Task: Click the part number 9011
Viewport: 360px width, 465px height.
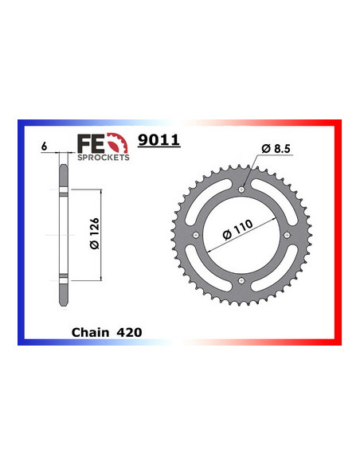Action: click(x=158, y=142)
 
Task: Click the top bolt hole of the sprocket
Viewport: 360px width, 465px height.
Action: click(x=241, y=189)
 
